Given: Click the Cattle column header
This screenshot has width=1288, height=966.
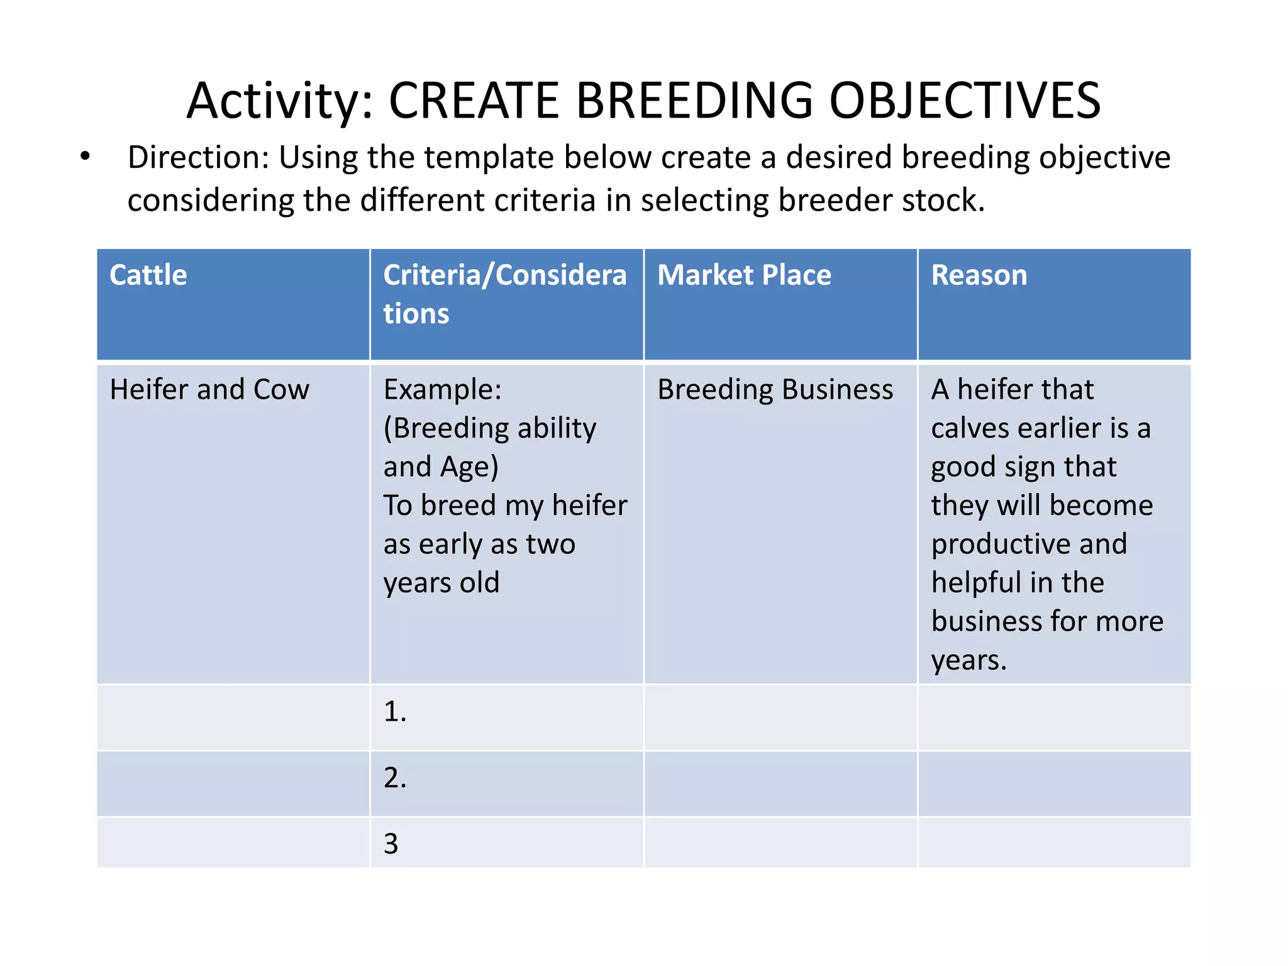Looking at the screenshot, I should (148, 275).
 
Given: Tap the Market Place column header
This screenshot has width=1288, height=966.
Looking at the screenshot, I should (744, 275).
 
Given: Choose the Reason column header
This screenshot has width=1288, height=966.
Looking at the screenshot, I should (979, 275).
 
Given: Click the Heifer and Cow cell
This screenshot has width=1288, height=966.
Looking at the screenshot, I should (209, 389).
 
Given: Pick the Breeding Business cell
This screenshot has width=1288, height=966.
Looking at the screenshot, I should (775, 389).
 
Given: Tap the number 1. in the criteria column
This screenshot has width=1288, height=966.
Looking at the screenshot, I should (395, 711).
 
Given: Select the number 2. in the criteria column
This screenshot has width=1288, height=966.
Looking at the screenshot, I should (395, 778).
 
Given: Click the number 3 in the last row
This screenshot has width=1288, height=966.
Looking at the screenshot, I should (391, 843).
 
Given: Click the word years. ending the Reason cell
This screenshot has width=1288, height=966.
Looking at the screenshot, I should (969, 660).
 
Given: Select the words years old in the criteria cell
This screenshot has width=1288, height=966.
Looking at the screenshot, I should (441, 583).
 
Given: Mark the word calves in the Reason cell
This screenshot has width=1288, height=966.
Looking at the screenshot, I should (970, 429).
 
